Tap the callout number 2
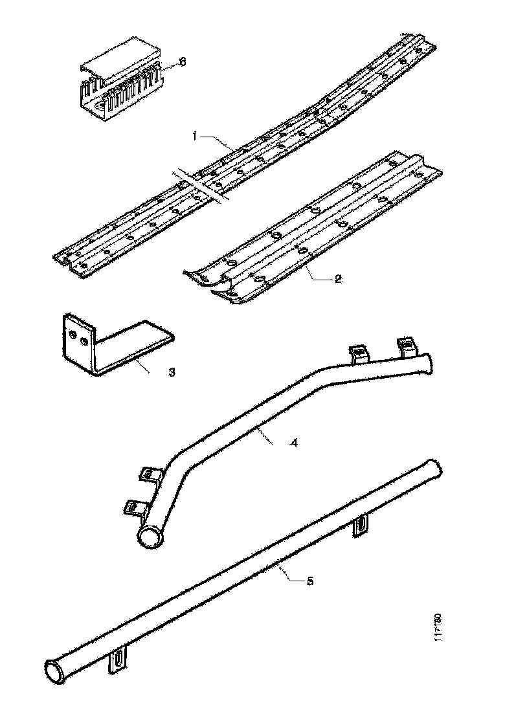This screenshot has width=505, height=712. pyautogui.click(x=337, y=279)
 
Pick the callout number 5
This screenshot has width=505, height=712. pyautogui.click(x=309, y=581)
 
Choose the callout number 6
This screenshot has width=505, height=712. pyautogui.click(x=182, y=61)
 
